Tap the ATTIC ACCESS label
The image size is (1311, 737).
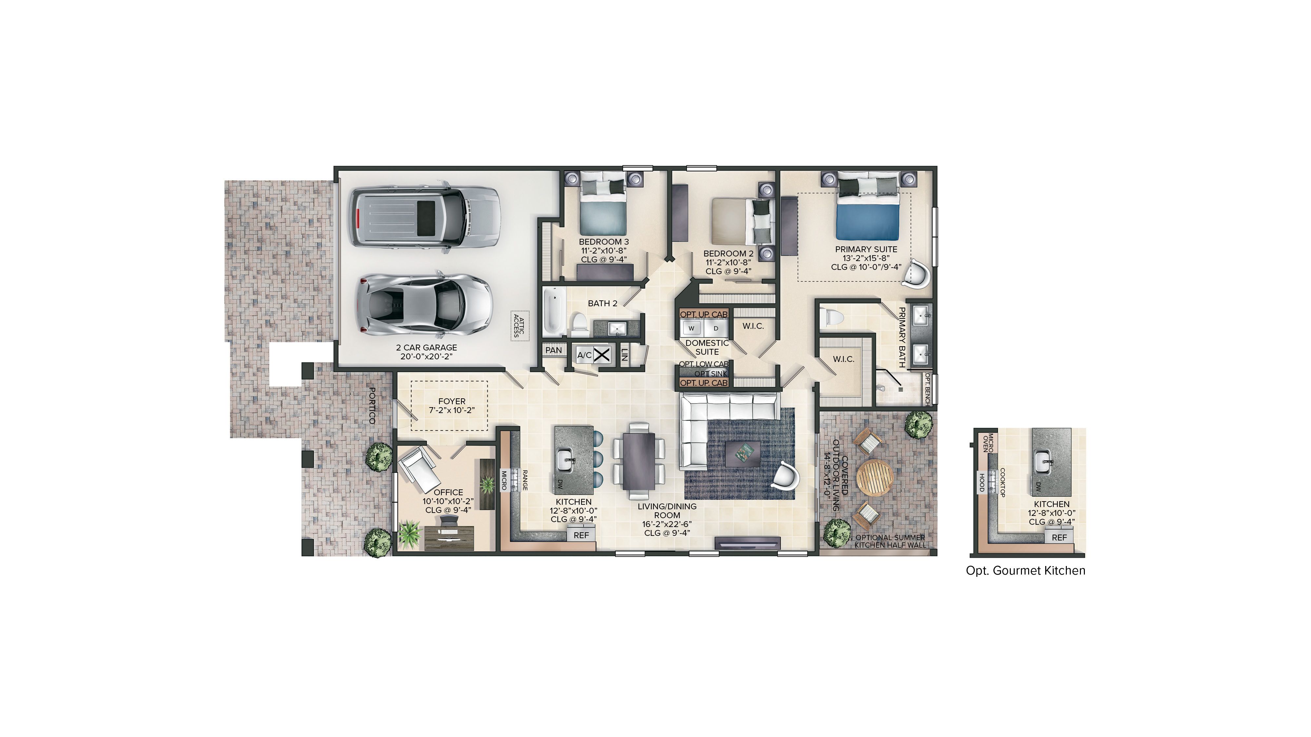point(519,326)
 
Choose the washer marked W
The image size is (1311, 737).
point(691,329)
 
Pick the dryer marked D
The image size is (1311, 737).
point(715,329)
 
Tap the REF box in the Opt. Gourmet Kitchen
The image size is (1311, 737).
point(1059,537)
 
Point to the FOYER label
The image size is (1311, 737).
point(451,401)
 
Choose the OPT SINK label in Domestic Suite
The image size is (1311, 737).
point(711,374)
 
